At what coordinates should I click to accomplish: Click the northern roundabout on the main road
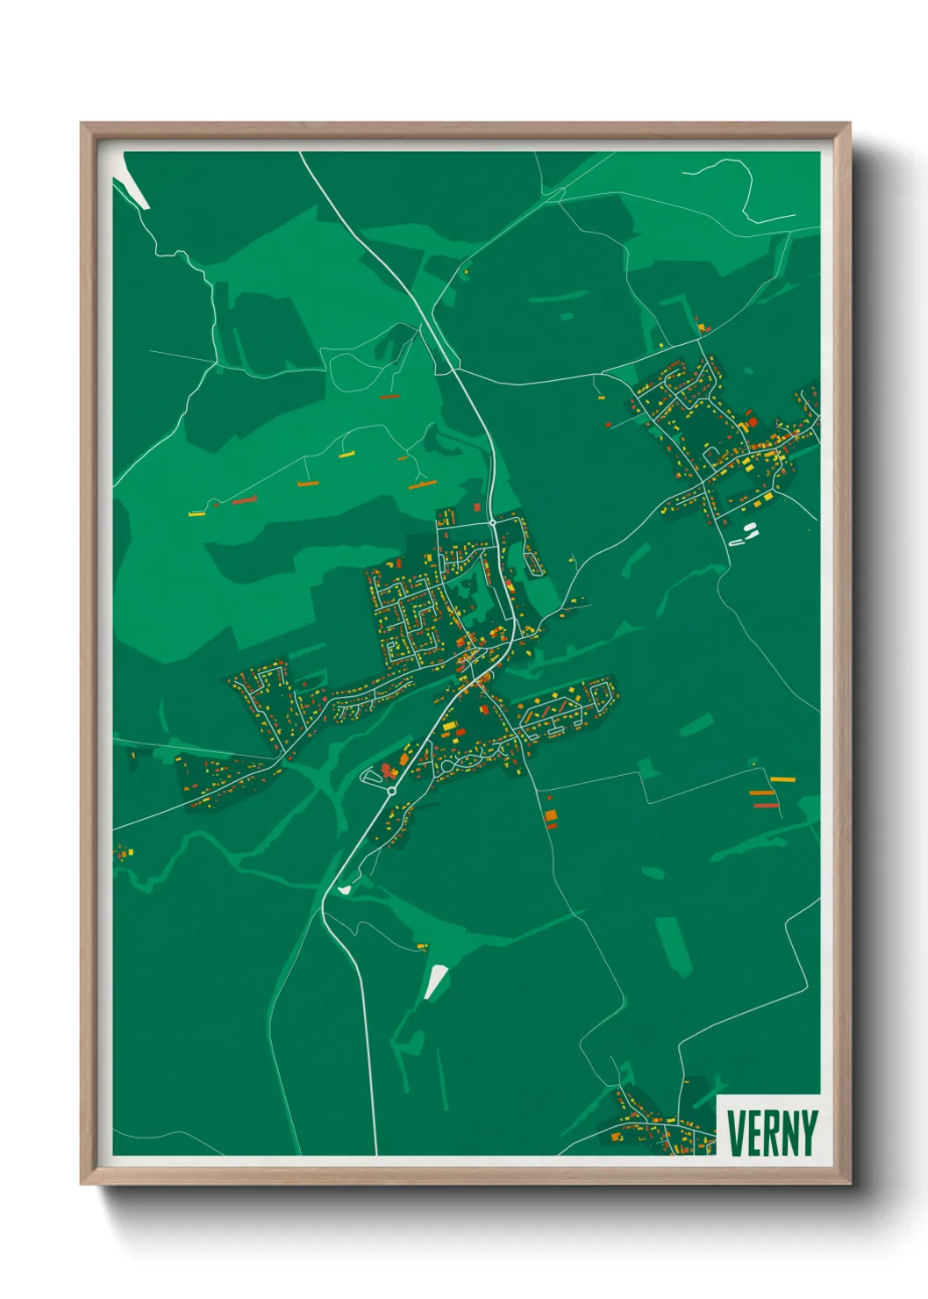point(493,522)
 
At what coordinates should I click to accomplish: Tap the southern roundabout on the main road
point(391,791)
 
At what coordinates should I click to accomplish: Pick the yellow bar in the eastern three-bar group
point(782,779)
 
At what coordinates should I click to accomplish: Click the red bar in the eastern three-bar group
point(766,805)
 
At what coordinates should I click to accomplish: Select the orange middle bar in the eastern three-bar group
point(761,793)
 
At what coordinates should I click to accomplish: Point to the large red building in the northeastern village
point(752,424)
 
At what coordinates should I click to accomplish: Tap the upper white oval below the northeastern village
point(750,527)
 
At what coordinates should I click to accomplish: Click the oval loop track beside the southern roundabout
point(372,776)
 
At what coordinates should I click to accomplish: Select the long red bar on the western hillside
point(244,500)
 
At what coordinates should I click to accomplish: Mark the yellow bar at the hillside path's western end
point(196,513)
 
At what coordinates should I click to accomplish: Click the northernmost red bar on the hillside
point(389,398)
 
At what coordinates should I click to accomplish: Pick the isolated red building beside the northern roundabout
point(477,507)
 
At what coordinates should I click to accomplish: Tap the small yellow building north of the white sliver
point(422,946)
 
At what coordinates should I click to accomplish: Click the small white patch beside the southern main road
point(345,890)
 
